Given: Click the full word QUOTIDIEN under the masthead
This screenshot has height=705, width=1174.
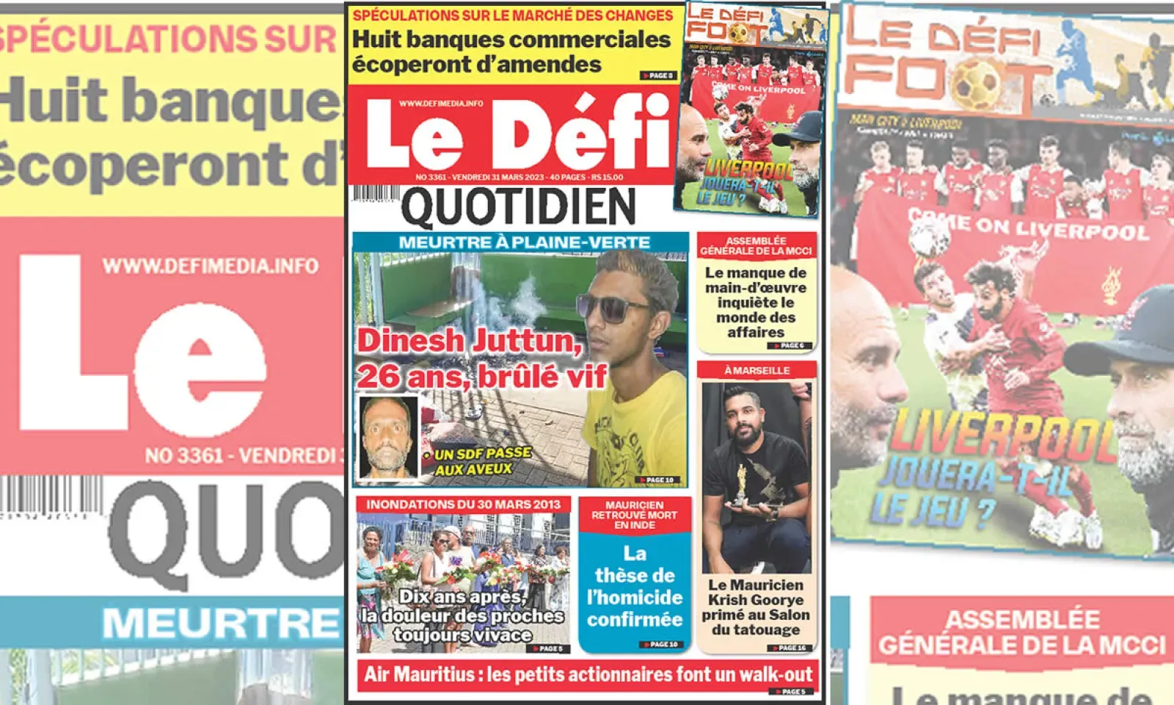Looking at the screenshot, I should coord(519,208).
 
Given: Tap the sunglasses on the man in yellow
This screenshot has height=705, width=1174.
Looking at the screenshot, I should coord(613,307).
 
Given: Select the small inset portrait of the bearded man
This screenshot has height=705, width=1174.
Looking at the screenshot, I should coord(387,437).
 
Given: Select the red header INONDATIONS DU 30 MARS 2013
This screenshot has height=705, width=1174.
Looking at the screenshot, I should coord(463,505).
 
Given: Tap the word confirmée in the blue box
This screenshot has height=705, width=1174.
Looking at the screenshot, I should coord(635,620).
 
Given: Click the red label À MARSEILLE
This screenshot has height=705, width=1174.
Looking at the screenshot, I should coord(756,370).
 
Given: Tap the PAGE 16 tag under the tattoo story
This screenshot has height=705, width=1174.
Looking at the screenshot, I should coord(791,648).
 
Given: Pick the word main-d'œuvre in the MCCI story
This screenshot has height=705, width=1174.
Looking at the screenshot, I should coord(756,288).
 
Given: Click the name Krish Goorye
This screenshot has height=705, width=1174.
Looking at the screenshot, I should coord(756,600).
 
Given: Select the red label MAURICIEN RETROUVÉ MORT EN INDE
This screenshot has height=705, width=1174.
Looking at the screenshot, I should coord(635,515).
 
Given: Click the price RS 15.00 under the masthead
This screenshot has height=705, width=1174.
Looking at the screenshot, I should coord(608,177).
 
